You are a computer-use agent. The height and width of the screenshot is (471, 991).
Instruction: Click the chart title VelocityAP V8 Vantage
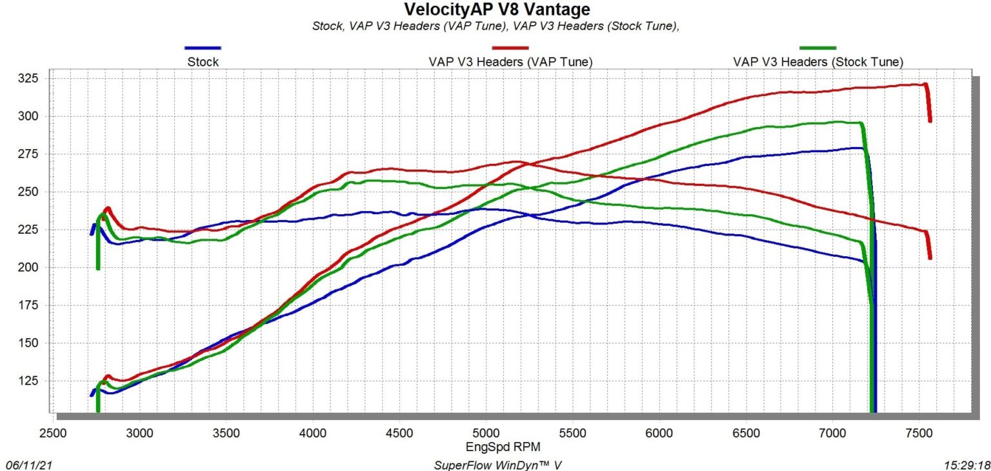click(x=496, y=10)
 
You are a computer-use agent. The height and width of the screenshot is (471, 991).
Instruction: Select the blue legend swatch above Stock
click(x=203, y=48)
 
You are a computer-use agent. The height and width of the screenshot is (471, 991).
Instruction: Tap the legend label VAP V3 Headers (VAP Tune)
click(x=510, y=62)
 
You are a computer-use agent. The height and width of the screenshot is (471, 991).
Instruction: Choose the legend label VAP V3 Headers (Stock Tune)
click(x=817, y=62)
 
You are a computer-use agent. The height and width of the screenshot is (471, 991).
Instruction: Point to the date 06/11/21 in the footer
click(x=26, y=465)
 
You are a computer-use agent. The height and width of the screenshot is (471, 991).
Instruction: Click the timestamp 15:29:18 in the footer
click(x=963, y=465)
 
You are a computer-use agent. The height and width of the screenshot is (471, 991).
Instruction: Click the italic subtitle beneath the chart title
click(x=496, y=26)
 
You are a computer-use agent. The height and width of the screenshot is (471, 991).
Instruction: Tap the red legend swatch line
click(x=510, y=48)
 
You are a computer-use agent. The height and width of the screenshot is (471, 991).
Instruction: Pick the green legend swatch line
click(x=817, y=48)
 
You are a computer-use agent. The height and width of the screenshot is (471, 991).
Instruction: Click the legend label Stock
click(x=203, y=62)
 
